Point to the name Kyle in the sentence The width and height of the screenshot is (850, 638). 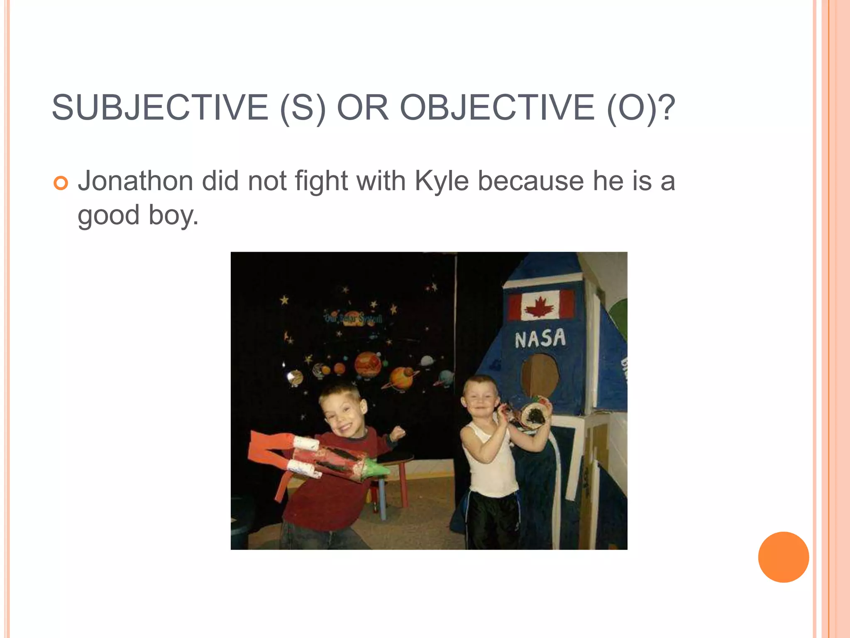click(442, 182)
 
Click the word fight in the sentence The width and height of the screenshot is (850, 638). click(321, 182)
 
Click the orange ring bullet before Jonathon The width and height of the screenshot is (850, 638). click(61, 183)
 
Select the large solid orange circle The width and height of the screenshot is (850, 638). click(783, 557)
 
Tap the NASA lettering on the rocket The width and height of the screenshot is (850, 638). click(540, 338)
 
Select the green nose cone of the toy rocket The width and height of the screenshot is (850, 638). click(376, 469)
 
